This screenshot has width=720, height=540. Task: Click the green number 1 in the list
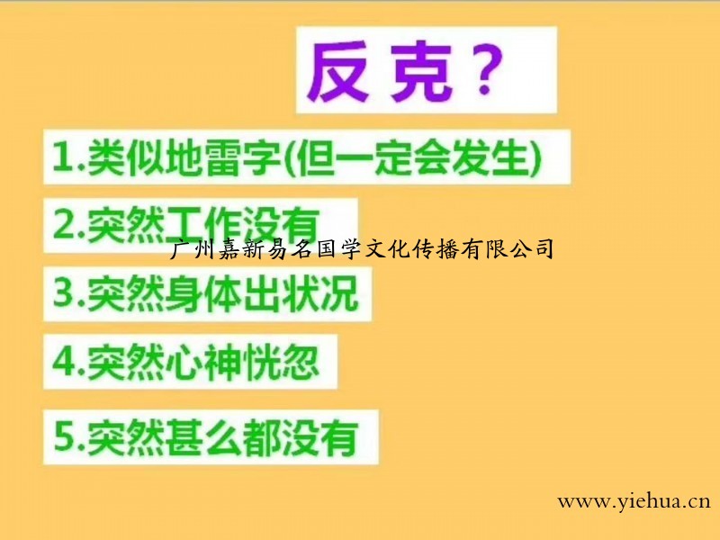(x=63, y=157)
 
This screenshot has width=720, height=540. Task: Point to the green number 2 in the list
(x=63, y=224)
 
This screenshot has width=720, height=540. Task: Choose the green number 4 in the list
(x=64, y=361)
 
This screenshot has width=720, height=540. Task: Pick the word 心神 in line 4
(x=204, y=362)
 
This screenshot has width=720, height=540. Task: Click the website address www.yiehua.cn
(x=634, y=501)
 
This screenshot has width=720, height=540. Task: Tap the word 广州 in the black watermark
(x=189, y=248)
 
